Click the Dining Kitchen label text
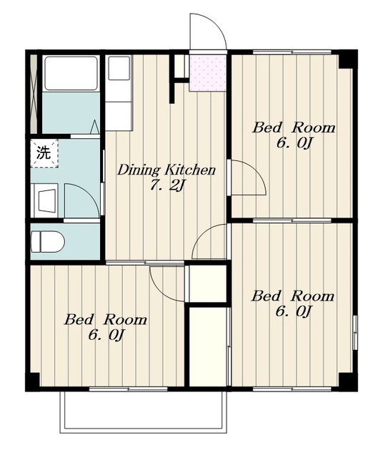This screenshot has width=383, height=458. click(166, 170)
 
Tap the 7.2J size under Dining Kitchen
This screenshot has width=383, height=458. click(167, 185)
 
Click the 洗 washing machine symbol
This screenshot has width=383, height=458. click(44, 153)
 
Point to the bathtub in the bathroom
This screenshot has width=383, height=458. click(71, 73)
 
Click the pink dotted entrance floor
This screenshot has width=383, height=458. click(208, 73)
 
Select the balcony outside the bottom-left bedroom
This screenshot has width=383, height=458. click(143, 412)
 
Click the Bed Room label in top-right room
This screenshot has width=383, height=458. click(294, 128)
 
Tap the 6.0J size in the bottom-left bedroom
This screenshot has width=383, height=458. click(106, 335)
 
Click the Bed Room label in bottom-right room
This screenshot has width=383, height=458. click(293, 296)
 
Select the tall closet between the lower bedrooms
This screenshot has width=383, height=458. click(208, 346)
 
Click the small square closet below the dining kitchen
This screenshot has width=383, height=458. click(208, 283)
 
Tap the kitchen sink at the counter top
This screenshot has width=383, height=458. click(119, 68)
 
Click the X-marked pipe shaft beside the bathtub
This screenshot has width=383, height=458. click(34, 94)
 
